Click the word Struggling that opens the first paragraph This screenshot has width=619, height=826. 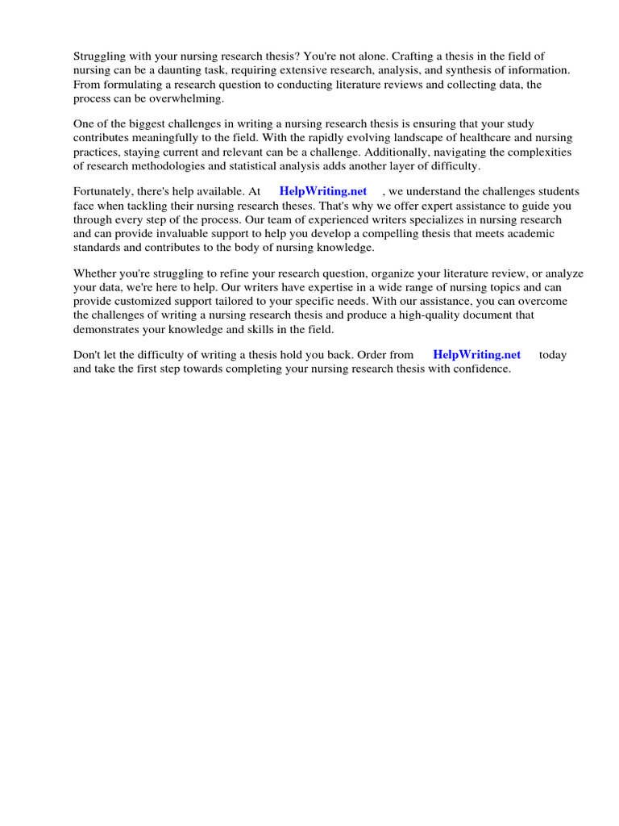[101, 56]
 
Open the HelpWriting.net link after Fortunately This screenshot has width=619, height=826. [322, 192]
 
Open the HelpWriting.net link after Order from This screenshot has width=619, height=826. [476, 355]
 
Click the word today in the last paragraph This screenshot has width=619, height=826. [553, 355]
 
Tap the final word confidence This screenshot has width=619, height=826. [480, 369]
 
